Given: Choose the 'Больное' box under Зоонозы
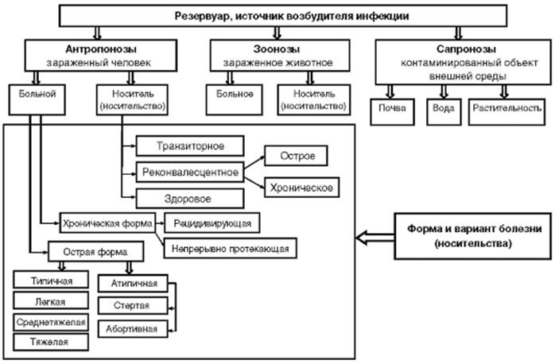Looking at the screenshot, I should point(235,99).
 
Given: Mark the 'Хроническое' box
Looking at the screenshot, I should point(304,188).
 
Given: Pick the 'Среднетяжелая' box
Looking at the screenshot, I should point(50,322).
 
